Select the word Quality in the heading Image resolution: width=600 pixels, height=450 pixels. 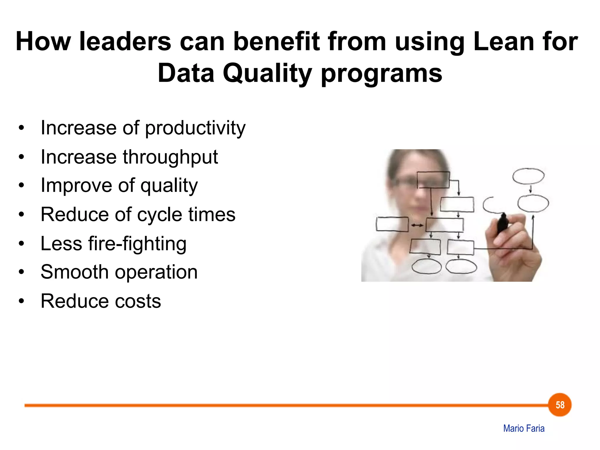[267, 73]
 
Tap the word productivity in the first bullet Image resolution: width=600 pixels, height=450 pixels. [195, 128]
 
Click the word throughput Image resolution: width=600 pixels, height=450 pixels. [170, 157]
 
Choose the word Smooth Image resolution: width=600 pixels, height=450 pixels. [75, 272]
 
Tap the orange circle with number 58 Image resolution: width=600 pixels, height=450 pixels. [560, 405]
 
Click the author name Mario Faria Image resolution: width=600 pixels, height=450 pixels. [524, 429]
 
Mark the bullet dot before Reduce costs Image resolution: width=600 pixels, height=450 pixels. [21, 301]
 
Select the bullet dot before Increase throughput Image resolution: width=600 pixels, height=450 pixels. [21, 157]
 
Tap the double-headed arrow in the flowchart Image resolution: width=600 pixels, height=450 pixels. [417, 225]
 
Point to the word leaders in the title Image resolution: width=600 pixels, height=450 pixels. [125, 42]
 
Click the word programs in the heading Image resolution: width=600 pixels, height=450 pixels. [381, 73]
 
